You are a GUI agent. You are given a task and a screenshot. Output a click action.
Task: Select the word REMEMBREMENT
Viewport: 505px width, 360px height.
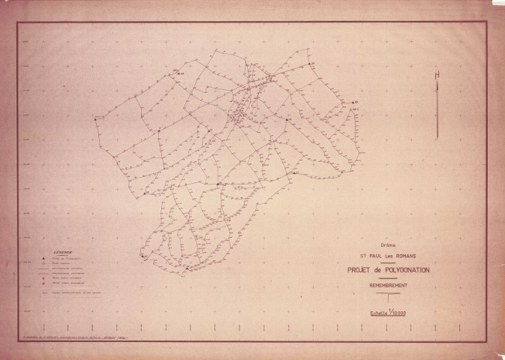[388, 286]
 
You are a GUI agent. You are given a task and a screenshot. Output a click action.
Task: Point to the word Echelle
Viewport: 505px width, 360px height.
[375, 312]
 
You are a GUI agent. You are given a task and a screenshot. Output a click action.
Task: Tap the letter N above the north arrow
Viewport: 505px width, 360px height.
[437, 73]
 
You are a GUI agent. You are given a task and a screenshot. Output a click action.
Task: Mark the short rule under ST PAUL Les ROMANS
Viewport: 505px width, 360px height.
[388, 262]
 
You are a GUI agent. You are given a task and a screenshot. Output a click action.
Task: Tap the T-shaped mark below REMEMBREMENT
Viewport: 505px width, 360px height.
[389, 299]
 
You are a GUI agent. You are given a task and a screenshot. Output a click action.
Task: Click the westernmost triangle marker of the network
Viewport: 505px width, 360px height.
[95, 119]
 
